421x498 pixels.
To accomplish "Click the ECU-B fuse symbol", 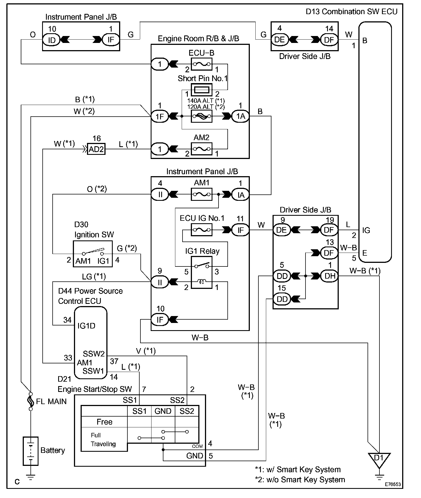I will coord(201,64).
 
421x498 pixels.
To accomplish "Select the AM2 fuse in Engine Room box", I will coord(201,149).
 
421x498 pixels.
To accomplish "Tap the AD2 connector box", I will coord(96,149).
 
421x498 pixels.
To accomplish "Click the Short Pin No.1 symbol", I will coord(201,90).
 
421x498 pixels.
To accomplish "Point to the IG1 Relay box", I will coord(202,273).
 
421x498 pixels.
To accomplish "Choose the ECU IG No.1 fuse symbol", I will coord(201,230).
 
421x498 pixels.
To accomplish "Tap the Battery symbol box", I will coord(30,451).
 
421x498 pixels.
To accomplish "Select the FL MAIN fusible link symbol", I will coord(31,401).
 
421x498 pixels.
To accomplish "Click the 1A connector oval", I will coord(240,116).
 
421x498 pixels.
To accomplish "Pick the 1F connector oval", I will coord(160,116).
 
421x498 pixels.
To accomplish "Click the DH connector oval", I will coord(329,276).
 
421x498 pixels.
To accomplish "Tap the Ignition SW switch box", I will coord(93,254).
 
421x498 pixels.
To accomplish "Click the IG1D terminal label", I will coord(86,326).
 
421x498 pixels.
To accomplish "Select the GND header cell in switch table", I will coord(163,411).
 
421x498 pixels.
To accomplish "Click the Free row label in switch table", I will coord(104,422).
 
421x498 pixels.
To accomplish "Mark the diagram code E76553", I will coord(392,484).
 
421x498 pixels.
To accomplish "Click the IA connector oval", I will coord(240,195).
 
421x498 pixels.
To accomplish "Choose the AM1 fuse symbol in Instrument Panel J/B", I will coord(201,194).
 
